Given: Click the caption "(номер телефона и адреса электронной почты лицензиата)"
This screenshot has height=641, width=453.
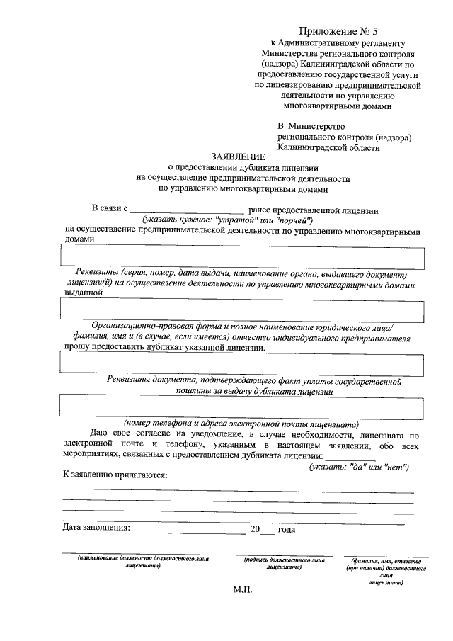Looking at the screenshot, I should pos(241,423).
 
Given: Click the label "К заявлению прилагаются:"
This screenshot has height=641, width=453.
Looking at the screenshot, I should pos(115,475).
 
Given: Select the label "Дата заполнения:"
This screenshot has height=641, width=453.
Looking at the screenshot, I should pos(96,528).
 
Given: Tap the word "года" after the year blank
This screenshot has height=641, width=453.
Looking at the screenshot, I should pos(287,529).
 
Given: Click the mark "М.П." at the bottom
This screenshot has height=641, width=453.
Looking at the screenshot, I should pos(242,589).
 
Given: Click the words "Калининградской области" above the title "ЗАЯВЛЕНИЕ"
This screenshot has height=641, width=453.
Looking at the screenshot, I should pos(328,148).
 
